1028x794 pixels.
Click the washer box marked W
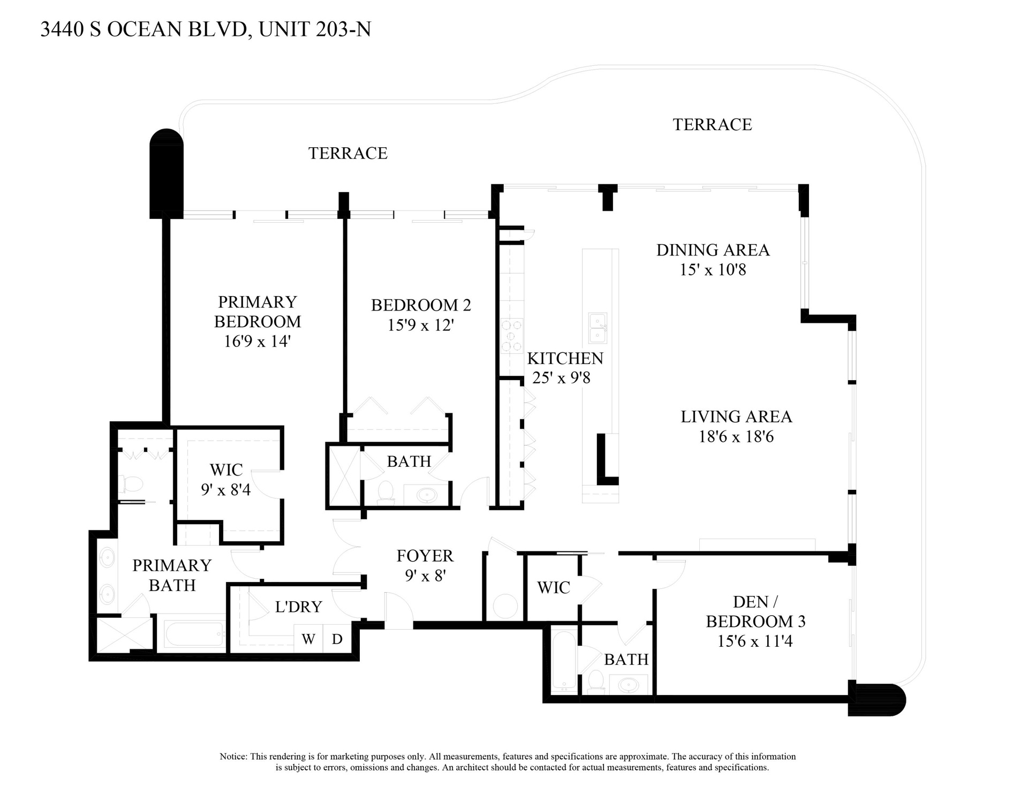point(308,638)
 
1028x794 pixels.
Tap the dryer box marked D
point(337,638)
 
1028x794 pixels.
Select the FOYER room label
point(425,556)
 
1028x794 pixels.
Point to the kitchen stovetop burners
point(511,336)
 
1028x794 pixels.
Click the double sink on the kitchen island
point(598,328)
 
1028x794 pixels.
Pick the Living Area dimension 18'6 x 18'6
point(736,436)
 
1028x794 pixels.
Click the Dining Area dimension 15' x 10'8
point(713,270)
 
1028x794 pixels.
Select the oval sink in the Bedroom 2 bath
point(426,495)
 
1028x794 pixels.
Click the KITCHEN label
point(565,358)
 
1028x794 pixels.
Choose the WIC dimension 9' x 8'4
point(226,489)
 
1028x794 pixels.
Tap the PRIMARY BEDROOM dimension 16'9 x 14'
point(257,341)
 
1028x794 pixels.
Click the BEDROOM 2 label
point(421,305)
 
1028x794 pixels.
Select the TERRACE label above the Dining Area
point(712,124)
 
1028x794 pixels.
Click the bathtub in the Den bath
point(564,661)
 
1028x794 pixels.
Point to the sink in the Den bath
point(628,684)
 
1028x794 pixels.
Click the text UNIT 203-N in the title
point(315,29)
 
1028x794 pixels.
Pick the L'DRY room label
point(298,607)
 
